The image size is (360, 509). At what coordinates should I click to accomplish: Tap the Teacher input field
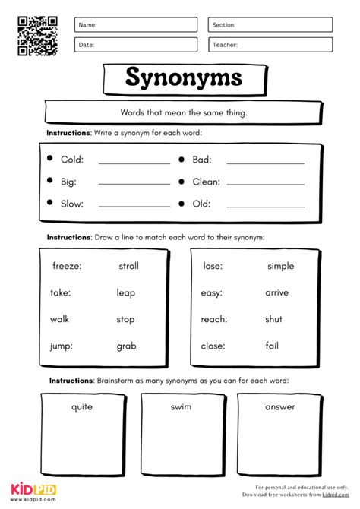coord(270,45)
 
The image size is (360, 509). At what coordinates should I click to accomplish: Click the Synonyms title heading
coord(184,77)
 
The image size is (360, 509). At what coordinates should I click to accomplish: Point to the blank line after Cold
coord(134,162)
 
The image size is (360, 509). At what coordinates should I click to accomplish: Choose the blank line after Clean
coord(265,183)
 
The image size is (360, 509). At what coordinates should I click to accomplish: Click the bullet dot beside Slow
coord(49,203)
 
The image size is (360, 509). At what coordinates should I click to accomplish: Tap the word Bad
coord(201,160)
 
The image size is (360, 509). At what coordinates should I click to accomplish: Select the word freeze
coord(67,266)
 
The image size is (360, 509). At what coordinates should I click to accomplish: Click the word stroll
coord(128,266)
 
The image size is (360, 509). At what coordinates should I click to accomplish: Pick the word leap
coord(126,292)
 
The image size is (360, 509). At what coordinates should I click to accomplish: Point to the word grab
coord(126,346)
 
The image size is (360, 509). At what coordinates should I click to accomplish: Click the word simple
coord(280,266)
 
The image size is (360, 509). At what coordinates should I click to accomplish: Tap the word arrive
coord(276,292)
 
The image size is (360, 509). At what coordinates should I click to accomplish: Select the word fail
coord(272,346)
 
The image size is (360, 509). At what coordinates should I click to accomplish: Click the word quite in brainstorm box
coord(82,406)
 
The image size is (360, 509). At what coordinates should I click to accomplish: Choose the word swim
coord(181,406)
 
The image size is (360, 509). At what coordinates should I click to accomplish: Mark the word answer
coord(280,406)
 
